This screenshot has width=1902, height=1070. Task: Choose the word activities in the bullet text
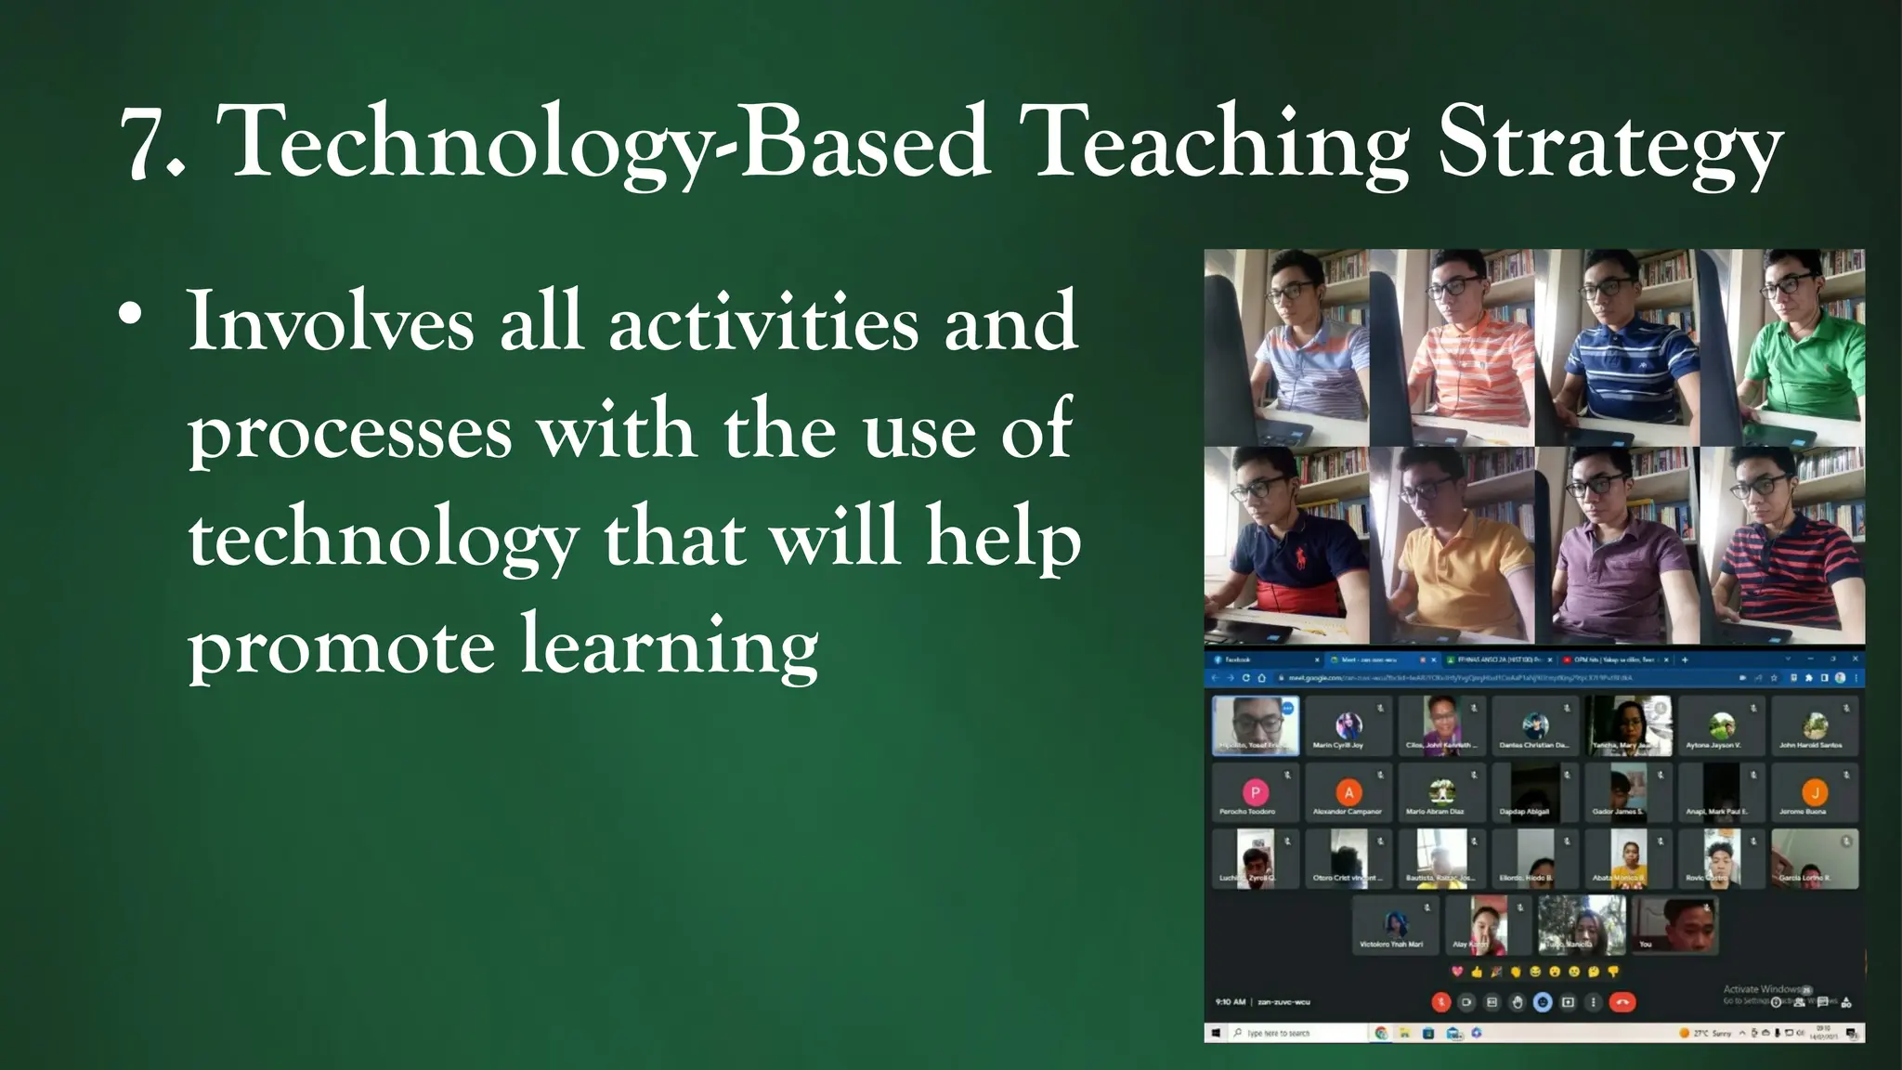click(x=763, y=321)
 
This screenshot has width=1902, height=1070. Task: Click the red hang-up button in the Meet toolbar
click(x=1622, y=1002)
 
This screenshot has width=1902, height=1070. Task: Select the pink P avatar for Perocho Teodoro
click(x=1255, y=792)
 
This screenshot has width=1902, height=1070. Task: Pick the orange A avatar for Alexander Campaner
click(x=1348, y=792)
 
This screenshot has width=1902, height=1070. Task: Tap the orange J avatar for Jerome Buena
click(x=1814, y=792)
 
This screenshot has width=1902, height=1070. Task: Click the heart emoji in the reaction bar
click(x=1456, y=972)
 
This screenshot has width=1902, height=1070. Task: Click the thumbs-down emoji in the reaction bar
click(x=1613, y=972)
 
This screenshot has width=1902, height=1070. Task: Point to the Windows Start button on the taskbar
click(x=1217, y=1033)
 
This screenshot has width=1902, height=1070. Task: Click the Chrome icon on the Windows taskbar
click(x=1381, y=1033)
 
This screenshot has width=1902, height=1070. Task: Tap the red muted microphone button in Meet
click(x=1440, y=1002)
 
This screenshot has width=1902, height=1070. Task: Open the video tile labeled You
click(x=1674, y=924)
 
